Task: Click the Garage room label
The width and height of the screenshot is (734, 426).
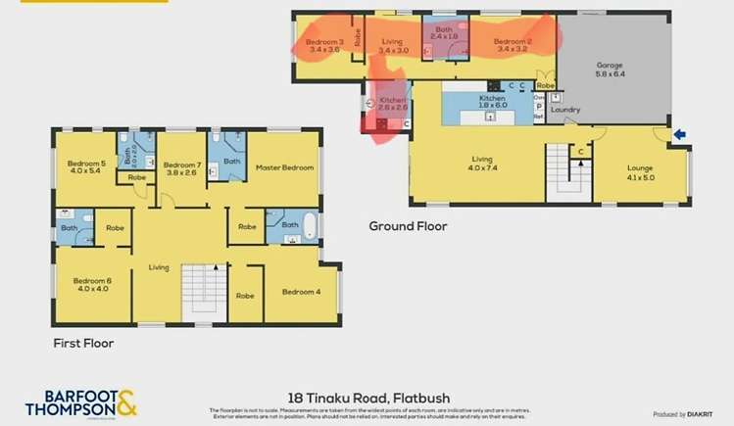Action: point(611,70)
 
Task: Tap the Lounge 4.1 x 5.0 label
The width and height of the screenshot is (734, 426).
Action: point(640,171)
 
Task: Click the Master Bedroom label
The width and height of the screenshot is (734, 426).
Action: point(284,167)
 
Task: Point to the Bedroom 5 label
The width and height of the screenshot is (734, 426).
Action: point(86,167)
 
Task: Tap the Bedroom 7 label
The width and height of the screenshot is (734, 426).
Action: point(181,167)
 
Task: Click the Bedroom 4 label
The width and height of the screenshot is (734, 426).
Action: point(301,292)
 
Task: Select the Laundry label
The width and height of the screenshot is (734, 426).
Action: point(565,110)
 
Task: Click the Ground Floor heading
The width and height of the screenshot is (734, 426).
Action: point(408,226)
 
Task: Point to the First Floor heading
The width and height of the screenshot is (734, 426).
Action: point(83,344)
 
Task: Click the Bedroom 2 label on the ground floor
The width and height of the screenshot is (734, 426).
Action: point(513,44)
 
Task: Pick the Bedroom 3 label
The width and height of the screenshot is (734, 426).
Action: point(323,44)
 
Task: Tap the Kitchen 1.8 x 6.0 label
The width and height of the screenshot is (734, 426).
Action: point(492,102)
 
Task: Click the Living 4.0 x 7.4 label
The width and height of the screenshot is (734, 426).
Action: point(481,162)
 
